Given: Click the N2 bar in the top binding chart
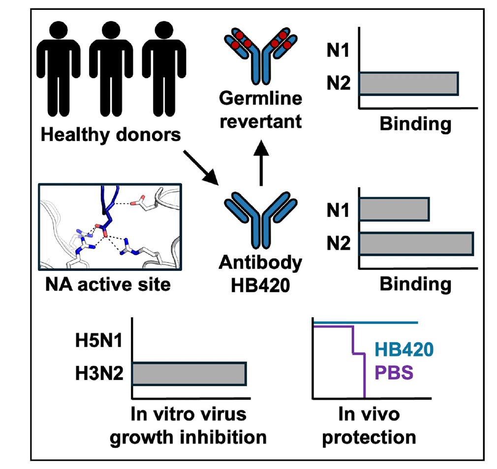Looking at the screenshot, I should pos(408,84).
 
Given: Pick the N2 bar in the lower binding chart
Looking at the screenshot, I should pos(416,244).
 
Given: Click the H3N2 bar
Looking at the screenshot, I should pos(188,374).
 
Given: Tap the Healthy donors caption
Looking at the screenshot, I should pos(111,134).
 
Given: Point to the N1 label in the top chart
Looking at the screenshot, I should pos(338,51).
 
